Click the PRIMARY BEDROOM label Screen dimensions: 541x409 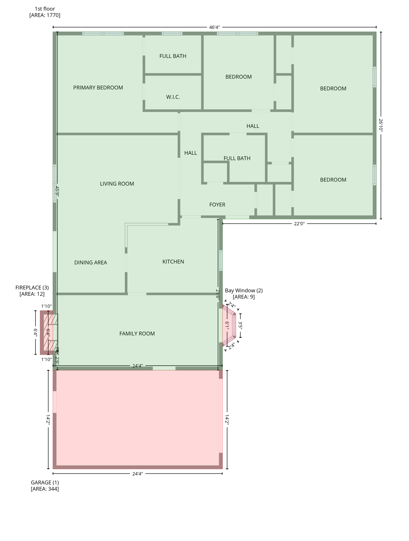98,88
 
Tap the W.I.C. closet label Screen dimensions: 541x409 173,97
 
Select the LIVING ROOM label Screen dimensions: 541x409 117,184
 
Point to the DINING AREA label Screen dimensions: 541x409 90,262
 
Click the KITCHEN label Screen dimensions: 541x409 173,262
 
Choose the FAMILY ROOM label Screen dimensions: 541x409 137,334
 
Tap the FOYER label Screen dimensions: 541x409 217,205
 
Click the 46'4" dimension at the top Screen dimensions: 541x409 214,27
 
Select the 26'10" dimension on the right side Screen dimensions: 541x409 380,125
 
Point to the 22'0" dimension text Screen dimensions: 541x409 299,224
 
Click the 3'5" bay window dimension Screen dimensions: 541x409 240,325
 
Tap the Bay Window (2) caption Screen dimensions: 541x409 244,291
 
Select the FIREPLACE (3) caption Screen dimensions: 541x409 32,288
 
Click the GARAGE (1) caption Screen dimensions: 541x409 45,483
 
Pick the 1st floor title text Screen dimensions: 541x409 45,9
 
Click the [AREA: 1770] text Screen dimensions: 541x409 45,15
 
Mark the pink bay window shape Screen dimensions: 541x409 229,325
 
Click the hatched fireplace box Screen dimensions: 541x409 49,332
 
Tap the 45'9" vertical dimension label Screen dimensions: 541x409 57,192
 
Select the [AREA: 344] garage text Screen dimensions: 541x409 45,489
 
